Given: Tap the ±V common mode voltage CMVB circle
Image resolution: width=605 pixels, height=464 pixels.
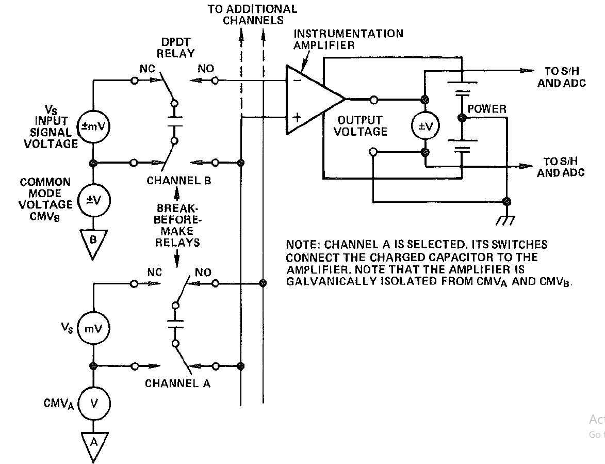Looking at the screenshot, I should [x=93, y=200].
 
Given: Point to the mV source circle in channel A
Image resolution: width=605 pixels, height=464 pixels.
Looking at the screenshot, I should [x=93, y=329].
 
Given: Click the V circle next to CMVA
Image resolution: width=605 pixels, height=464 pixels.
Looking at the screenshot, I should [x=93, y=403].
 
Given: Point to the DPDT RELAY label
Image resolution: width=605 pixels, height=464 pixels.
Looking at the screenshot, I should [x=176, y=48].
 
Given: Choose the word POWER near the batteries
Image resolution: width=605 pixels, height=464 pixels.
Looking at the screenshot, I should [x=487, y=109].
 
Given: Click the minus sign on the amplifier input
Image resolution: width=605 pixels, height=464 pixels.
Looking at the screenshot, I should [x=296, y=81].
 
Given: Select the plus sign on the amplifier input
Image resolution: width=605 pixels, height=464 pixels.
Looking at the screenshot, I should [x=297, y=117].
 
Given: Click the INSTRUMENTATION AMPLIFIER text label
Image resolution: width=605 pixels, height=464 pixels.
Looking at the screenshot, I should [x=348, y=39].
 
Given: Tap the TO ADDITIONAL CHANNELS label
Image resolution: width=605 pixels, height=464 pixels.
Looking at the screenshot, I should [x=253, y=14].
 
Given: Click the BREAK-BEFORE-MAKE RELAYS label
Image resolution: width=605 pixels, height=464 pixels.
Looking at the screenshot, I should [x=176, y=225].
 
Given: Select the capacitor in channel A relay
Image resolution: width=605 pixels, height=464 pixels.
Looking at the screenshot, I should [x=175, y=325].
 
